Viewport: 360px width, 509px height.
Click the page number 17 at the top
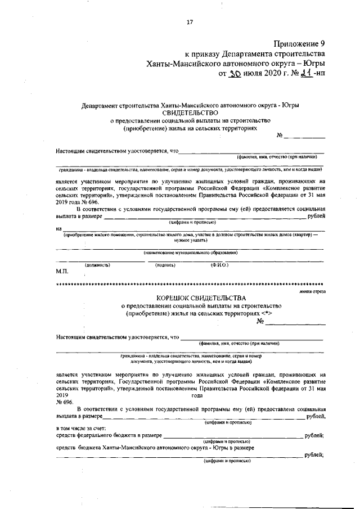[190, 22]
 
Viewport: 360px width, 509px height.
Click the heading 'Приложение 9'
[299, 43]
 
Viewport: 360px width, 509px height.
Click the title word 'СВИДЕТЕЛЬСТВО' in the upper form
[190, 112]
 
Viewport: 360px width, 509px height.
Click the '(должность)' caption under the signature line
[97, 264]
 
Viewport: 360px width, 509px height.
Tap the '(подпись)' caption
[166, 264]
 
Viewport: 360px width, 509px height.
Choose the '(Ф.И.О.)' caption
[219, 264]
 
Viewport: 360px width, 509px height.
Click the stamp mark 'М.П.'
[62, 272]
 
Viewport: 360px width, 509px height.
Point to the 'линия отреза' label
[313, 291]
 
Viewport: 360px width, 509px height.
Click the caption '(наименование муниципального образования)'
[190, 253]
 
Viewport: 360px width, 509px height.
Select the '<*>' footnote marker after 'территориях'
[267, 312]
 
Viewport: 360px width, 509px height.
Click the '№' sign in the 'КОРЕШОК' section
[260, 322]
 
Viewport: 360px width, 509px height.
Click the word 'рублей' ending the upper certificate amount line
[316, 216]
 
